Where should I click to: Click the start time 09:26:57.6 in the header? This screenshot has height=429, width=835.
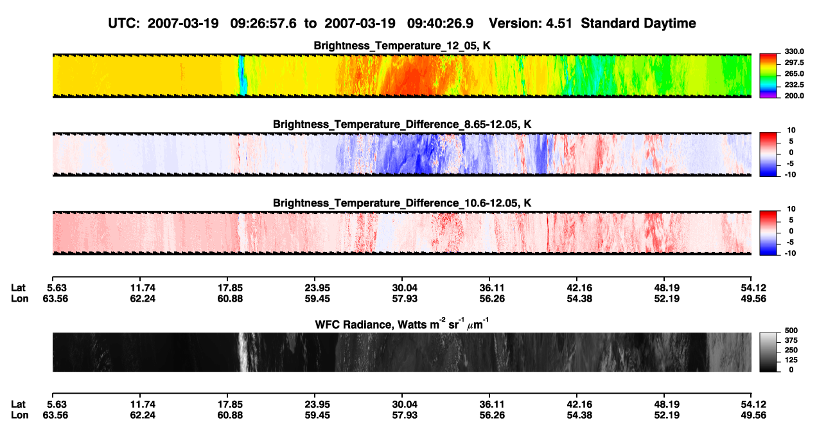pos(263,24)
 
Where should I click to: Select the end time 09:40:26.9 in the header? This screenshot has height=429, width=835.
pos(440,24)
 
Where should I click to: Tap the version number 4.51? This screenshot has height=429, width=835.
pos(559,24)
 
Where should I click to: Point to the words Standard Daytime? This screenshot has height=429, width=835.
pos(638,24)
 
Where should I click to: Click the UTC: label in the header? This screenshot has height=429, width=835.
pos(124,24)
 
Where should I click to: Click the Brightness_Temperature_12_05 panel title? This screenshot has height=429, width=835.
pos(402,46)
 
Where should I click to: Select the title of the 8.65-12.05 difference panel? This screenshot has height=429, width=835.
pos(402,124)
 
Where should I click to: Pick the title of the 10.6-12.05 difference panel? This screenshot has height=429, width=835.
pos(402,203)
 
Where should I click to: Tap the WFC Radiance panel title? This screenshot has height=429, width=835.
pos(402,324)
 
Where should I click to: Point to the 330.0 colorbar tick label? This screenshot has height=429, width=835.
pos(794,51)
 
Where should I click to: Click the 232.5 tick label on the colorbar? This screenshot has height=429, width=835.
pos(794,85)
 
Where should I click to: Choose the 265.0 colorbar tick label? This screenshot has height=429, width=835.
pos(794,73)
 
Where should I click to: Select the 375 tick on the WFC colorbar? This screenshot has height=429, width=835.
pos(791,340)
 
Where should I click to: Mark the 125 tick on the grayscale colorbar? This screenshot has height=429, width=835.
pos(791,360)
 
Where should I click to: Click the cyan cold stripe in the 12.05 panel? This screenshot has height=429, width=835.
pos(242,75)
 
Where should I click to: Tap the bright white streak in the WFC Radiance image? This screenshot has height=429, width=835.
pos(243,352)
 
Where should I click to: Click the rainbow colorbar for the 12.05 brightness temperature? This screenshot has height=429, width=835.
pos(768,76)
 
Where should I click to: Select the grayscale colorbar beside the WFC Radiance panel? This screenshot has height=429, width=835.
pos(768,352)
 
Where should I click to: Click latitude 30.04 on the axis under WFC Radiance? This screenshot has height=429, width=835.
pos(405,405)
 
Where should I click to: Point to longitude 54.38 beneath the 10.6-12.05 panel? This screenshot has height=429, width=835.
pos(579,298)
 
